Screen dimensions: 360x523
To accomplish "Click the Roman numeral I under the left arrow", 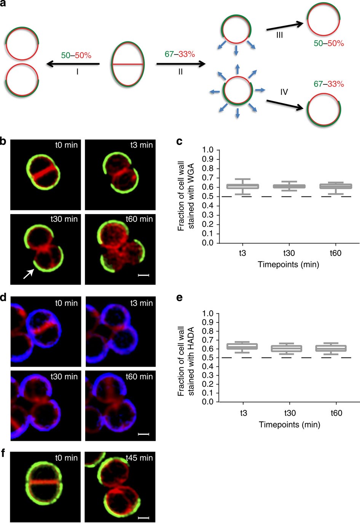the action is (x=77, y=72).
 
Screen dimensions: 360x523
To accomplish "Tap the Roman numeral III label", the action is (x=279, y=35).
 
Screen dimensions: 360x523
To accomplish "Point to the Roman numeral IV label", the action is (x=284, y=92).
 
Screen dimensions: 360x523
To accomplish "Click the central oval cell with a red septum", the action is (x=128, y=65).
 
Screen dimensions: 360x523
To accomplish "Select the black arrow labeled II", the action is (x=180, y=64).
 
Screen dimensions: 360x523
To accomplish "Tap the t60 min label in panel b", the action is (x=139, y=219).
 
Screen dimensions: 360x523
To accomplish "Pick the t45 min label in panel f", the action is (x=139, y=458).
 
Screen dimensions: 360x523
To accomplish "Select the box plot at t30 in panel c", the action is (x=289, y=186).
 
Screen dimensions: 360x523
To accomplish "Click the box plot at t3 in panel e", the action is (x=242, y=346).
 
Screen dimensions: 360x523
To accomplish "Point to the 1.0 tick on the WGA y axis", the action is (x=208, y=150).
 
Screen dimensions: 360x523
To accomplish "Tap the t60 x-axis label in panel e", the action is (x=336, y=413).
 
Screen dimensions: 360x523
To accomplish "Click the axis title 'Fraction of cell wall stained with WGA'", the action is (x=186, y=196).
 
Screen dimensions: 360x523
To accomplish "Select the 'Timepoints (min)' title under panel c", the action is (x=288, y=264).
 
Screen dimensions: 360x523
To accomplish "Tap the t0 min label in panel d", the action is (x=66, y=303).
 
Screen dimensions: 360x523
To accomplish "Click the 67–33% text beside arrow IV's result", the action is (x=329, y=84).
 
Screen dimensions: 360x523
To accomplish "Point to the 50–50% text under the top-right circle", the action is (x=329, y=43).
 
